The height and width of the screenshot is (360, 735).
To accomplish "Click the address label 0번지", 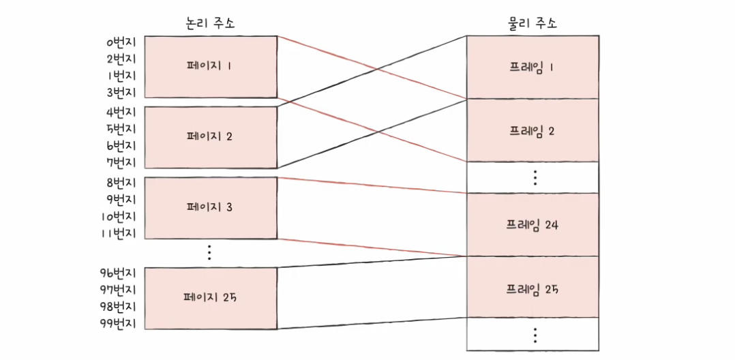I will click(121, 42).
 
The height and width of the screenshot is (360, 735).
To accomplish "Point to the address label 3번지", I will click(121, 93).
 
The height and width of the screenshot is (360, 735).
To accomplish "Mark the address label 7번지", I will click(121, 163).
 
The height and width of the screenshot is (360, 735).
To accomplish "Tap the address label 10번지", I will click(119, 217).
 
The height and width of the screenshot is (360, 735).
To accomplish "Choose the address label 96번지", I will click(118, 273).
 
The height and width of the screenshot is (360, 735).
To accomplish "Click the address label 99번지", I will click(118, 323).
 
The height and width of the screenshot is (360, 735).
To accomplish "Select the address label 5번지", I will click(121, 129).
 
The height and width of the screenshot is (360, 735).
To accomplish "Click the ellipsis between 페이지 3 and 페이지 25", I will click(209, 253).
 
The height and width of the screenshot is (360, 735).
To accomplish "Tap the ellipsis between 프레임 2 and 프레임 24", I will click(535, 177).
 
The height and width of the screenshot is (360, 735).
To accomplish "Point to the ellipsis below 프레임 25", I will click(535, 335).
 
